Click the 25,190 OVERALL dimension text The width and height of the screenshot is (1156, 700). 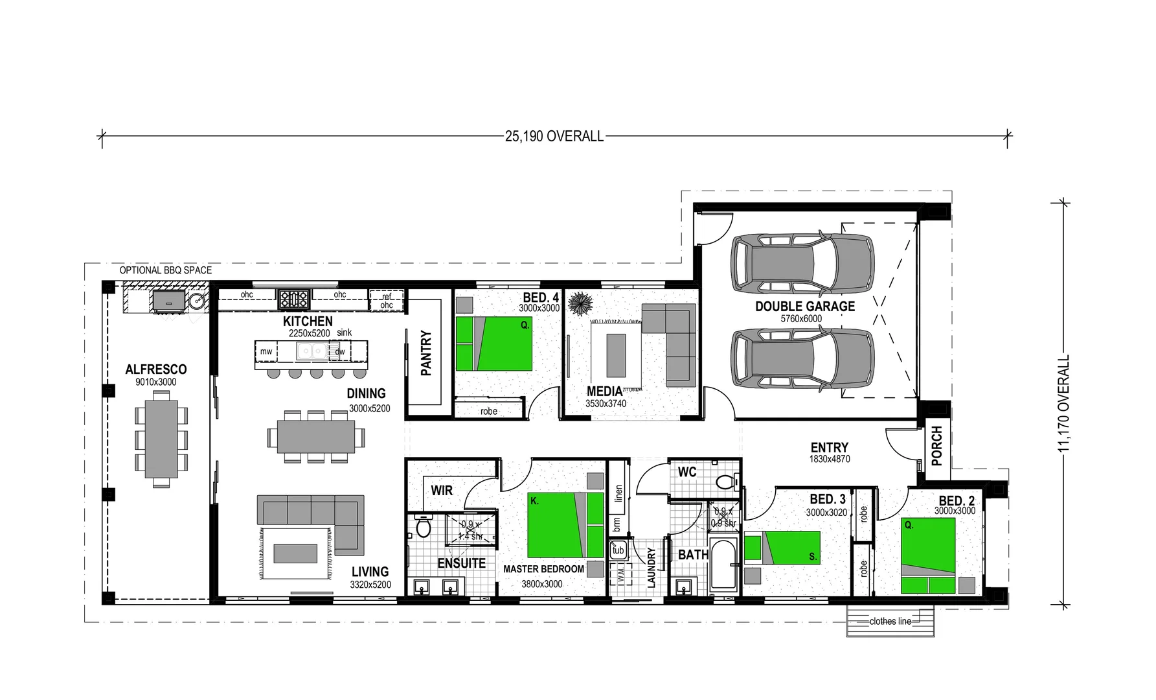coord(554,136)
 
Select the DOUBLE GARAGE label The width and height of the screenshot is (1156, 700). coord(804,306)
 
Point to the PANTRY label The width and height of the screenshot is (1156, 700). coord(425,353)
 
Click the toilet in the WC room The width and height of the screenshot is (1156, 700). coord(726,482)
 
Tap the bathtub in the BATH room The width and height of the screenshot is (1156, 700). coord(723,565)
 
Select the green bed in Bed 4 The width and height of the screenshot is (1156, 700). coord(493,343)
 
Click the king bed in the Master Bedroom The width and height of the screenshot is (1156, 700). coord(565,525)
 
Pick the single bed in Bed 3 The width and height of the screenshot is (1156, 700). coord(782,548)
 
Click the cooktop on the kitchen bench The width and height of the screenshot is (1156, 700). coord(293,299)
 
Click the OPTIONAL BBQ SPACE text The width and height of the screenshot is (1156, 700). coord(165,270)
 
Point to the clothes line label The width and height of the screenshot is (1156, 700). coord(890,621)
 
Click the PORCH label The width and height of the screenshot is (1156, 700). coord(936,445)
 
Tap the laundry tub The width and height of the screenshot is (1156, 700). coord(618,550)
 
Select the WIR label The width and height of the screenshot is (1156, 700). coord(442,491)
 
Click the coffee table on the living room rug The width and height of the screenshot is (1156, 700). coord(295,553)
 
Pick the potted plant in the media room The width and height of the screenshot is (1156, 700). coord(579,303)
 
